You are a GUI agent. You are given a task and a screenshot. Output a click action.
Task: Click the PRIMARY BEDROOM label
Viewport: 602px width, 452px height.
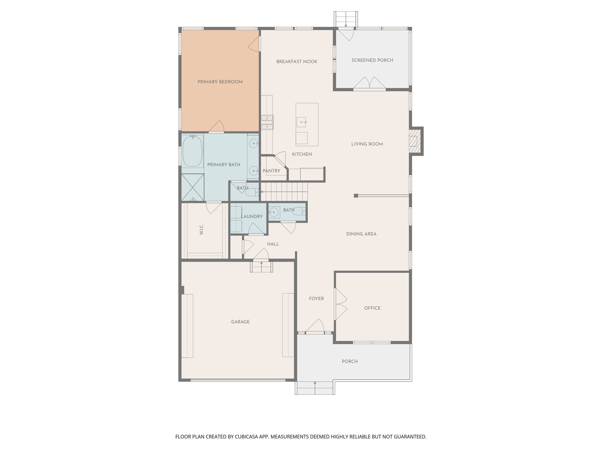point(220,82)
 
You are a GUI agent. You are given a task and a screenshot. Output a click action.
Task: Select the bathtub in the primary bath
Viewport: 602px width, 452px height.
point(193,152)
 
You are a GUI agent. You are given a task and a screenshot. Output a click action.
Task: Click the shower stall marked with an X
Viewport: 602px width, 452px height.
point(193,187)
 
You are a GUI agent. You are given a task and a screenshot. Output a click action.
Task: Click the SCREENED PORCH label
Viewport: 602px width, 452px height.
point(372,60)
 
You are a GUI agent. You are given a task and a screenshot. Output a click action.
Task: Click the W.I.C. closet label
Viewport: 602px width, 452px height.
point(201,229)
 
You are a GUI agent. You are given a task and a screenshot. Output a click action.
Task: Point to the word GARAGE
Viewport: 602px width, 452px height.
point(240,322)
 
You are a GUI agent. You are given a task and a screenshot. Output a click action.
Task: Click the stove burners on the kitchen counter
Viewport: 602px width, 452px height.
point(267,122)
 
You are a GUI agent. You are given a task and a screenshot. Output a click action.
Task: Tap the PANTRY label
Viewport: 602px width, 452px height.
point(271,171)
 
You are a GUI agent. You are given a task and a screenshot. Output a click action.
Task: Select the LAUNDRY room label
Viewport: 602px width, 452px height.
point(252,216)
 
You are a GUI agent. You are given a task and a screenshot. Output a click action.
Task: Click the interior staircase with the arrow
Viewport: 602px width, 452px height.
point(284,192)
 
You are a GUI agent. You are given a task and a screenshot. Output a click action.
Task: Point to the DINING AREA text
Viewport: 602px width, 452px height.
point(361,234)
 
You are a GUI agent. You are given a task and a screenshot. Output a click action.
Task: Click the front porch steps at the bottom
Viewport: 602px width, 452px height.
point(315,388)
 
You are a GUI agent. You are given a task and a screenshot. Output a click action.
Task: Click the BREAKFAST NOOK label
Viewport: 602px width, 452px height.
point(297,62)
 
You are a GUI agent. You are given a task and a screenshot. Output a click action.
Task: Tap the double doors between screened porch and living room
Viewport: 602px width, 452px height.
point(369,83)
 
